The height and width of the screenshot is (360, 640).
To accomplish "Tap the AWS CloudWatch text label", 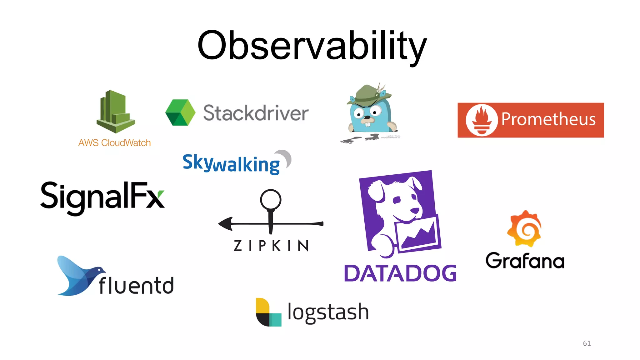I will pos(114,143).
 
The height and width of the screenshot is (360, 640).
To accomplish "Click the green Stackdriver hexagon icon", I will pos(180,112).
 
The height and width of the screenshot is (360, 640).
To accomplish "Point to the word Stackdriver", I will pos(256,113).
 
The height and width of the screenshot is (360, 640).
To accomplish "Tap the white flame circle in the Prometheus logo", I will pos(481,120).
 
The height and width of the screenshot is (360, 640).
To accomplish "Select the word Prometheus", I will pos(548,119).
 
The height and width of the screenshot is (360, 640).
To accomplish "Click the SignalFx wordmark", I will pos(102,197).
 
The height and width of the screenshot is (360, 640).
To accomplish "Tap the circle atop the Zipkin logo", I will pos(271,199).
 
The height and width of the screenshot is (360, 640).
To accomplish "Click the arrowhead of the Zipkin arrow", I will pos(226,223).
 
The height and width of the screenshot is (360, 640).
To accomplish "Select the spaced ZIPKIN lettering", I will pos(271,246).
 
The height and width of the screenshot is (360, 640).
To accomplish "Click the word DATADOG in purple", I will pos(400,273).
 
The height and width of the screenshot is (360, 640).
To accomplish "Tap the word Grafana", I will pos(525,261).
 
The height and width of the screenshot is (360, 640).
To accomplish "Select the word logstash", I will pos(328,312).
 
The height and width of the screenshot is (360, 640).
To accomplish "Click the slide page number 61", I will pos(587,343).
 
